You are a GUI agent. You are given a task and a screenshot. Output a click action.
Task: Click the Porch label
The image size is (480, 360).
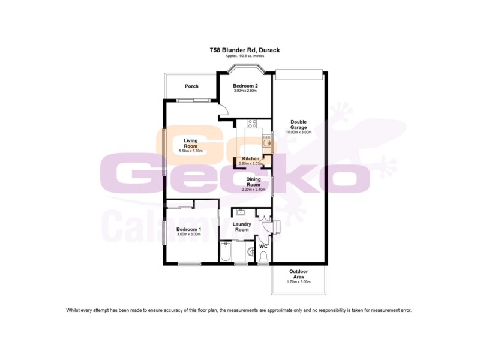191,86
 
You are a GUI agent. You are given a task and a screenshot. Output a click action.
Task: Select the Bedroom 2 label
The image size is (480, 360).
245,86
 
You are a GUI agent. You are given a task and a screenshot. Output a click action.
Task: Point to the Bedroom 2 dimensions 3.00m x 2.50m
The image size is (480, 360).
245,91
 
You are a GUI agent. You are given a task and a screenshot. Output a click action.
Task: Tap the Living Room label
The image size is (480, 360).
191,143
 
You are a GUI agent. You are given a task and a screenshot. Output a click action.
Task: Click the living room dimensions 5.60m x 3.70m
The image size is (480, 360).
191,151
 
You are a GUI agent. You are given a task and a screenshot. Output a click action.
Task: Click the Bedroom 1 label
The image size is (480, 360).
188,229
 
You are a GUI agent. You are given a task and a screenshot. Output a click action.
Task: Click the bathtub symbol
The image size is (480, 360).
226,252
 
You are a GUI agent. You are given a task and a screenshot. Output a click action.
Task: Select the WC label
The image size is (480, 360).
263,246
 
